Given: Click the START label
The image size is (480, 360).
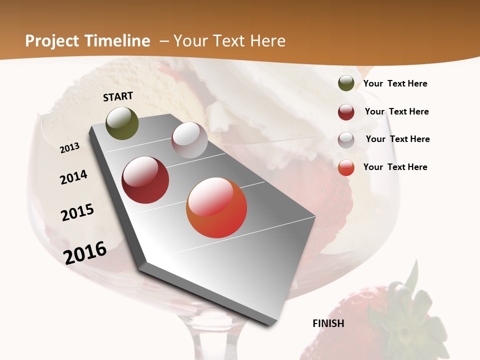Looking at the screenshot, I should pyautogui.click(x=118, y=96).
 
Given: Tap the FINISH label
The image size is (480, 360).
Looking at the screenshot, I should pyautogui.click(x=328, y=323).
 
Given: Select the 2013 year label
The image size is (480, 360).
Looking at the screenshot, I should pyautogui.click(x=70, y=148).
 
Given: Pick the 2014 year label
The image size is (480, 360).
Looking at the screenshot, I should pyautogui.click(x=73, y=177).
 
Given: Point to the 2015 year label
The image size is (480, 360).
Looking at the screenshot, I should pyautogui.click(x=77, y=212).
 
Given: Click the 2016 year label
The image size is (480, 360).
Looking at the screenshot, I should pyautogui.click(x=85, y=252).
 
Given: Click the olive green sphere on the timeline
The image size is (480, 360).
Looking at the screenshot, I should pyautogui.click(x=122, y=123).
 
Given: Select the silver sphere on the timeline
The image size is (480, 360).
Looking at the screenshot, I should pyautogui.click(x=189, y=140).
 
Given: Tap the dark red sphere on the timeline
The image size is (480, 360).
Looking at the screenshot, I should pyautogui.click(x=145, y=180).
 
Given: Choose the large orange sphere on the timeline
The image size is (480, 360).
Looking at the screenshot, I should pyautogui.click(x=216, y=207).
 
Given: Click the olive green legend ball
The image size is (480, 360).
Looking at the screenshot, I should pyautogui.click(x=346, y=83).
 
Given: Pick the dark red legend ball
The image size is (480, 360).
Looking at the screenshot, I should pyautogui.click(x=346, y=112).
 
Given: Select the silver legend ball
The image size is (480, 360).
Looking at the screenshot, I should pyautogui.click(x=346, y=140).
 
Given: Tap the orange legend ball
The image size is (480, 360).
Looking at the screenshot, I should pyautogui.click(x=346, y=167).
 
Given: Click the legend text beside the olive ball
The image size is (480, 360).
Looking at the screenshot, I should pyautogui.click(x=395, y=84).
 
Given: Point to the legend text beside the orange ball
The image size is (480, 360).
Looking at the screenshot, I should pyautogui.click(x=395, y=167).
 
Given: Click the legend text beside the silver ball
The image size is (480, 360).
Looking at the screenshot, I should pyautogui.click(x=397, y=139).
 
